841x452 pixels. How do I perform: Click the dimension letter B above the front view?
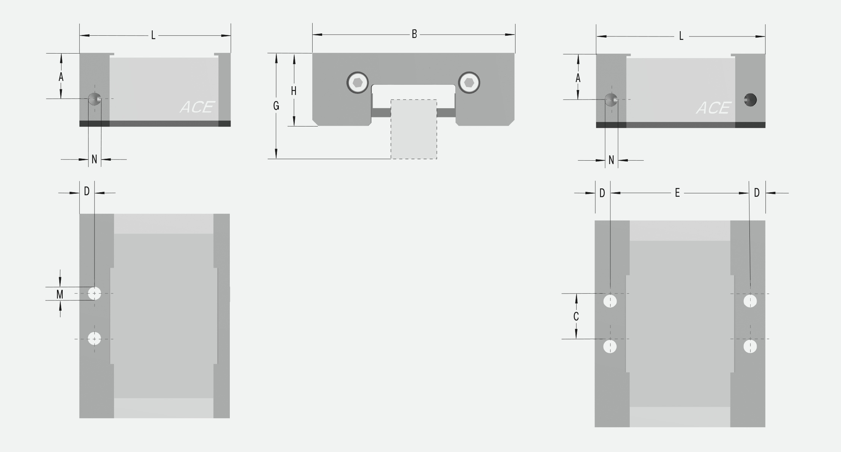coord(414,34)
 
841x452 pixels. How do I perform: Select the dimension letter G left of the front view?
coord(276,106)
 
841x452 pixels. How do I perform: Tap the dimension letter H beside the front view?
coord(294,91)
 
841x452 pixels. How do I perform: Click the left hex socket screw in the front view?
coord(358,82)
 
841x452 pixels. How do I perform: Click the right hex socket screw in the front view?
coord(469,82)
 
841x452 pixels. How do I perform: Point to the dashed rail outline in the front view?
coord(414,129)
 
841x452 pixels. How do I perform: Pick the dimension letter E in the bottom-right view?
coord(677,193)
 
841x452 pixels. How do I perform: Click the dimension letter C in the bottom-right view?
coord(576,316)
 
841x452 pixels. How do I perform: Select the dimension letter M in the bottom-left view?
coord(60,294)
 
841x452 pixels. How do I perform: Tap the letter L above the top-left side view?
coord(153,35)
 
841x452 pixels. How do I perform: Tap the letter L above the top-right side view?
coord(681,36)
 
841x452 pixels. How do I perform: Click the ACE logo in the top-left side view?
coord(197,107)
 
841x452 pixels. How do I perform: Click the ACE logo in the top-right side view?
coord(713,108)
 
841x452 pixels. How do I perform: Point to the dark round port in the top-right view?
coord(750,100)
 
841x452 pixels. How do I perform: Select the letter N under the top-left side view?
coord(95,160)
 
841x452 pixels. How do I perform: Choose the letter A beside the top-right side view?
coord(578,78)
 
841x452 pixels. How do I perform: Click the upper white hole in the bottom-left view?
coord(94,293)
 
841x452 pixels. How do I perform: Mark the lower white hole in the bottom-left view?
coord(94,338)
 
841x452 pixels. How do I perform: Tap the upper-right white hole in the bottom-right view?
coord(750,301)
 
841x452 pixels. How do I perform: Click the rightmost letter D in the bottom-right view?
coord(757,193)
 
